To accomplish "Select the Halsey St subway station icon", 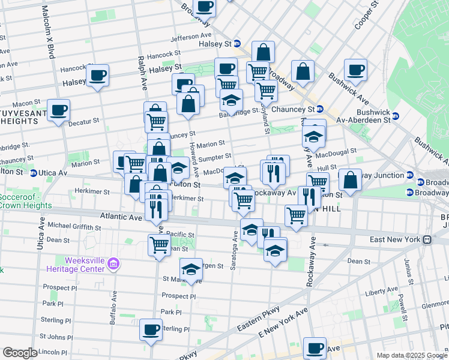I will point(237,44).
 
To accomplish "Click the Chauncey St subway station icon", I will point(320,109).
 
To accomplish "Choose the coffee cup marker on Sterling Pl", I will point(151,329).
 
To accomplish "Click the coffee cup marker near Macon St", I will point(58,110).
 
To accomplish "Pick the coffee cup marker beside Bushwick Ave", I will point(355,70).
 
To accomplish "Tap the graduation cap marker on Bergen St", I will point(191,269).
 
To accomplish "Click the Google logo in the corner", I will point(20,353).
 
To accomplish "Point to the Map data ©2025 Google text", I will point(411,355).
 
